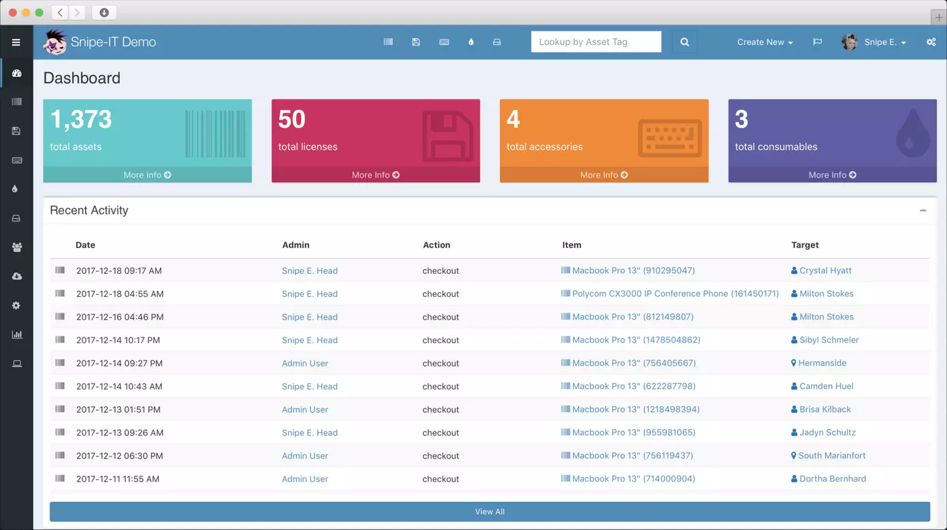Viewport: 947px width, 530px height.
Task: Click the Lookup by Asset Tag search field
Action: click(x=596, y=42)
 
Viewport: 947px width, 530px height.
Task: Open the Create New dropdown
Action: click(x=765, y=42)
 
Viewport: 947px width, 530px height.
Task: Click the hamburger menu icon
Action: click(x=16, y=42)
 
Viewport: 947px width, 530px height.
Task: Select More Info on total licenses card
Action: click(x=376, y=175)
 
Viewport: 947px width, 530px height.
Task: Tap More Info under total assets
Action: click(x=147, y=175)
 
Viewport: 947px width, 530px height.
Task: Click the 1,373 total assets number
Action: click(x=81, y=120)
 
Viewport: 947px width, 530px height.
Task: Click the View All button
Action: click(x=489, y=512)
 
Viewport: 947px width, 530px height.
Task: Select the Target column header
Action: click(x=805, y=245)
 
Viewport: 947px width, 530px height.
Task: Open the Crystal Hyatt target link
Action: click(x=825, y=270)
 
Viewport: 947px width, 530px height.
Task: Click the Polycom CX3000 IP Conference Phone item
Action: click(x=675, y=294)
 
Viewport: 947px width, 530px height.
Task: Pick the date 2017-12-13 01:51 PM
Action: click(x=118, y=409)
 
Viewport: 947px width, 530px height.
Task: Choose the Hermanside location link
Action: click(x=822, y=363)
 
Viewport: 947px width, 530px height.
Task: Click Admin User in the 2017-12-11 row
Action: click(x=305, y=479)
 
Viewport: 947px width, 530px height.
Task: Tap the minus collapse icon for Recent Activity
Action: click(x=922, y=211)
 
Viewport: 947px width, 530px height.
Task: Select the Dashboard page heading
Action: click(x=82, y=78)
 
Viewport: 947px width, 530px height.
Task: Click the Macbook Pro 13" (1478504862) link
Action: click(x=636, y=340)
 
